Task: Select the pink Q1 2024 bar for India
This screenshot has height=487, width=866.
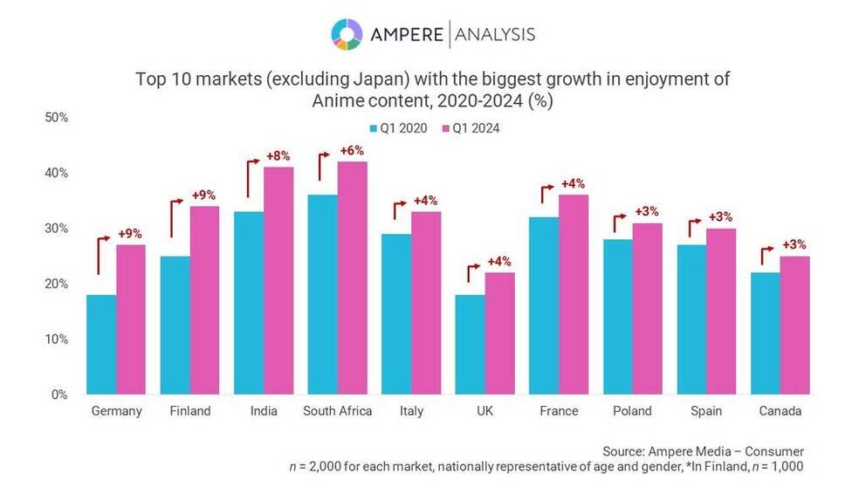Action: pos(278,280)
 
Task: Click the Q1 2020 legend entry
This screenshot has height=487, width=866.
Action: pos(402,128)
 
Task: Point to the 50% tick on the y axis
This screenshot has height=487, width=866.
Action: pos(54,117)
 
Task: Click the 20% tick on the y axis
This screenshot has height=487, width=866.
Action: pos(54,284)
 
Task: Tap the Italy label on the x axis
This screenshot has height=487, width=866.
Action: pos(412,411)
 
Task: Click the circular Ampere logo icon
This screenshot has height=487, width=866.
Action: pos(347,35)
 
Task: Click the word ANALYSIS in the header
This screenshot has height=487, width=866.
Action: pos(494,35)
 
